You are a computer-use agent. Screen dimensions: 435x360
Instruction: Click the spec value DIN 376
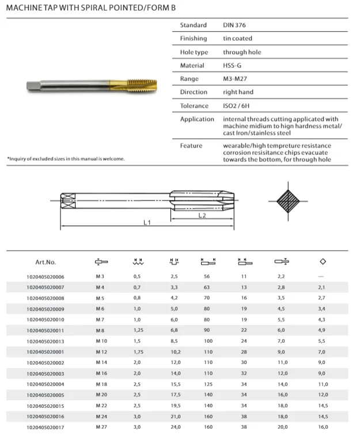click(x=234, y=25)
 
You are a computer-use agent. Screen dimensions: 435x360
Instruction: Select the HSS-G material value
click(x=232, y=66)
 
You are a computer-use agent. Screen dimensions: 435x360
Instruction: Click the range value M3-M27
click(x=235, y=79)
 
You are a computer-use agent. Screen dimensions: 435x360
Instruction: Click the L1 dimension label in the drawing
click(x=147, y=222)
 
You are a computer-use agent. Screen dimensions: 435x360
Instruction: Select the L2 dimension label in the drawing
click(x=202, y=215)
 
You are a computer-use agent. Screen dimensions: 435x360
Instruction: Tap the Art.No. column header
click(x=46, y=262)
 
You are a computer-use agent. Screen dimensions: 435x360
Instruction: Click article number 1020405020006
click(x=46, y=277)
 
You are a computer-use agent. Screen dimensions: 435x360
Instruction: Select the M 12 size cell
click(x=102, y=351)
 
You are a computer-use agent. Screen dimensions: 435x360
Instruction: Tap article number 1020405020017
click(x=46, y=426)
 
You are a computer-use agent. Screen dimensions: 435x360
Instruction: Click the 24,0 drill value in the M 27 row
click(x=173, y=426)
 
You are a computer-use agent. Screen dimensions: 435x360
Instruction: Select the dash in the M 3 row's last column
click(x=322, y=277)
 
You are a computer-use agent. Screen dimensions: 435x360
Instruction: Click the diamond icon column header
click(x=323, y=262)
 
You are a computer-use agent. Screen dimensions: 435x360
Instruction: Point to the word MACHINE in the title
click(x=24, y=7)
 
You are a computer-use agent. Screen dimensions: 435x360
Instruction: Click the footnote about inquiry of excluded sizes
click(x=66, y=158)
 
